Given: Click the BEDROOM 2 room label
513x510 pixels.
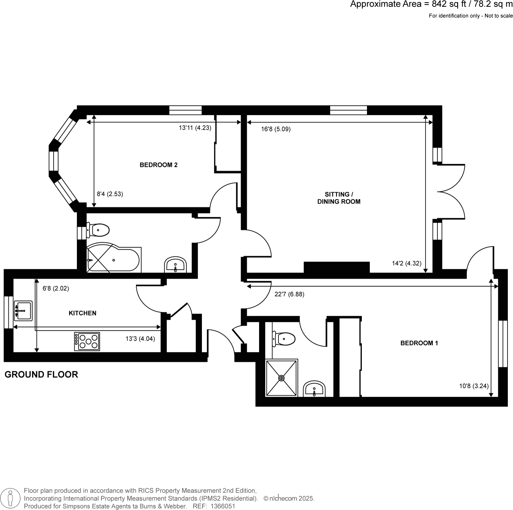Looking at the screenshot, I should pos(158,165).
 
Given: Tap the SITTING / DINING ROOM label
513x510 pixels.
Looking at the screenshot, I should pos(339,198).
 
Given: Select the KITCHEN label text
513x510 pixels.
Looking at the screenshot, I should pos(82,313).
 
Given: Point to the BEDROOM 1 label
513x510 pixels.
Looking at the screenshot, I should pos(419,343).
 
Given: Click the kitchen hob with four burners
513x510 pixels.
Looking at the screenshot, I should pos(87,341).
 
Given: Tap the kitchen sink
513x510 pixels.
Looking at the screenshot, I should pos(23,311).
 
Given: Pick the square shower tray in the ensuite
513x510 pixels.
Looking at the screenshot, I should pos(281,377).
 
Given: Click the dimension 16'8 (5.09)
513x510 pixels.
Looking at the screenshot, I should pos(276,129).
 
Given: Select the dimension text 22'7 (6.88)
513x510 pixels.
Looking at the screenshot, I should pos(289,294).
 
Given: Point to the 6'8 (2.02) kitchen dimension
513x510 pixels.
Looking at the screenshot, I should pos(56,288).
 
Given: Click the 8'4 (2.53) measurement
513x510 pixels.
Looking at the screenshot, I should pos(110,194).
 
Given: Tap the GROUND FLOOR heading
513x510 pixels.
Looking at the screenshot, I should pos(41,375).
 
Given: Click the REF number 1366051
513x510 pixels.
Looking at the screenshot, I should pos(223,506).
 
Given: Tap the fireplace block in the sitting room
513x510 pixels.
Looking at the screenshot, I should pos(337,267).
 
